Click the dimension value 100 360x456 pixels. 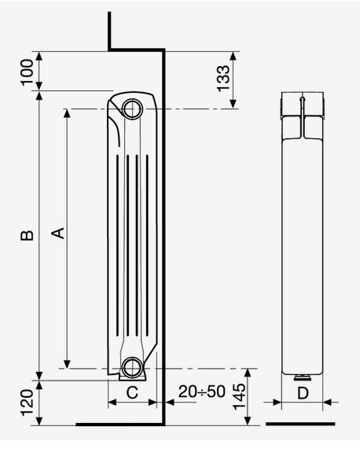pos(28,72)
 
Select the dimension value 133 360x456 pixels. pos(223,79)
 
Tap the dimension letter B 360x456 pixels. pos(27,236)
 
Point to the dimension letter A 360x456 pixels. pos(58,234)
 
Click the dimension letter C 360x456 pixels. pos(132,392)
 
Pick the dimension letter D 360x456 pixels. pos(303,393)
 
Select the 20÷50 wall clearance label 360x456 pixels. pos(202,392)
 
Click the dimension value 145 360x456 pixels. pos(239,396)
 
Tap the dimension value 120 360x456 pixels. pos(28,403)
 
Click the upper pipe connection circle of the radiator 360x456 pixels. pos(132,108)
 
